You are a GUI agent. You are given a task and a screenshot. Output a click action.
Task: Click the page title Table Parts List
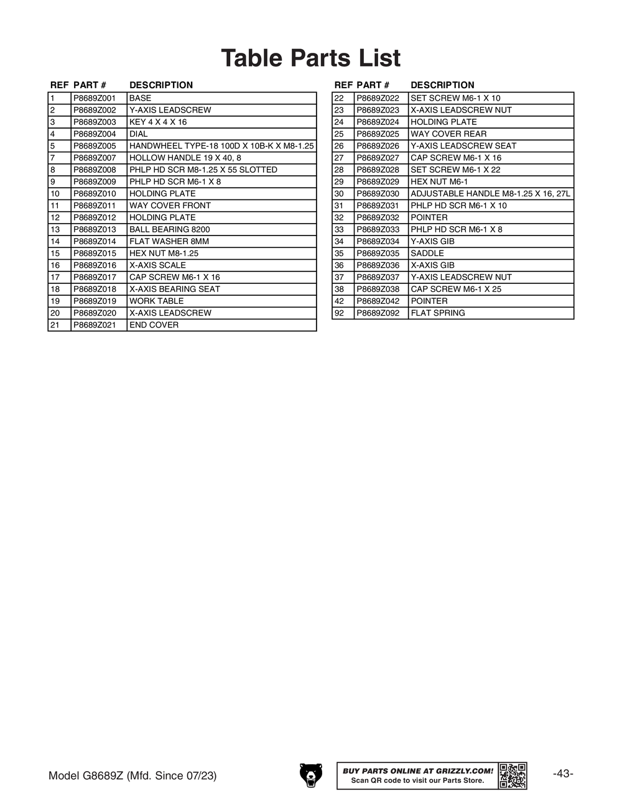tap(311, 58)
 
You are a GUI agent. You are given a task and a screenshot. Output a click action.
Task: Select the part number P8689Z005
tap(95, 146)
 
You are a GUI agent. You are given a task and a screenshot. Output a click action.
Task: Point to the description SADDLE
tap(427, 254)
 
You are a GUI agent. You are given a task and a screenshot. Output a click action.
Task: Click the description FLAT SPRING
tap(438, 313)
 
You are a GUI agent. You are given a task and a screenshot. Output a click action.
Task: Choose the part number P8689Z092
tap(378, 313)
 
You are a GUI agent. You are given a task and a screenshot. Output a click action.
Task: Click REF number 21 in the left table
tap(55, 325)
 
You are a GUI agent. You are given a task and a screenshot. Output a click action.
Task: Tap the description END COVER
tap(154, 325)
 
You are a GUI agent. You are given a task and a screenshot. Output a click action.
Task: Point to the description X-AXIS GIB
tap(432, 265)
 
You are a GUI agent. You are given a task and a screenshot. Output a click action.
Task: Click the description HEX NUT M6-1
tap(439, 182)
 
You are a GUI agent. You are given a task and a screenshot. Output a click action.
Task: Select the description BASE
tap(141, 98)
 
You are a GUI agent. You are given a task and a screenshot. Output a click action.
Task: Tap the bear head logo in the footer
tap(311, 775)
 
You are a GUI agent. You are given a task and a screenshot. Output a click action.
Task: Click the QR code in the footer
tap(513, 775)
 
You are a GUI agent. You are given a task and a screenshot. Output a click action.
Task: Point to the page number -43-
tap(563, 774)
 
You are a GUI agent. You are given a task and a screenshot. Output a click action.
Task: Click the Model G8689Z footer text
tap(132, 776)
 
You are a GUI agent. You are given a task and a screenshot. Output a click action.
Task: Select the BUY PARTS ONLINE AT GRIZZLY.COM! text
tap(418, 771)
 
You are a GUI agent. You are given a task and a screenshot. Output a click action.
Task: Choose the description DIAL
tap(139, 134)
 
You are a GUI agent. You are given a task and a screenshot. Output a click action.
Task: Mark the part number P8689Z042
tap(378, 301)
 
